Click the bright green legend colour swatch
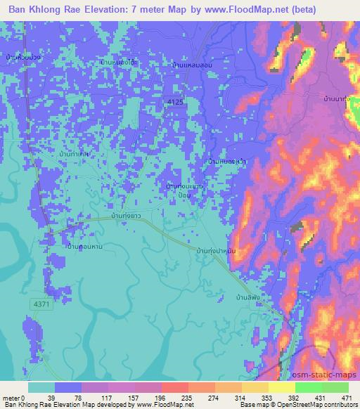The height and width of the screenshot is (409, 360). click(309, 387)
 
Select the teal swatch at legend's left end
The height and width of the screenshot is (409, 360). click(41, 387)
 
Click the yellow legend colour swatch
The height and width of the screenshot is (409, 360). click(281, 387)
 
